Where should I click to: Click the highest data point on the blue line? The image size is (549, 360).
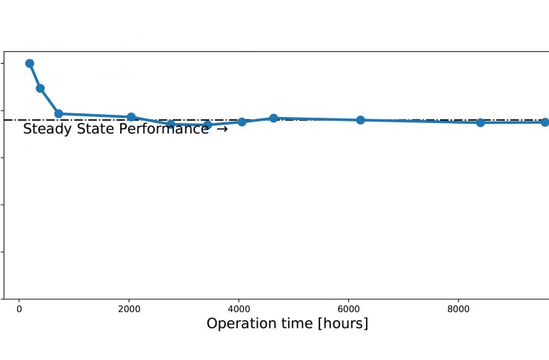(x=30, y=63)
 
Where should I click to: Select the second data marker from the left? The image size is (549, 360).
(x=40, y=88)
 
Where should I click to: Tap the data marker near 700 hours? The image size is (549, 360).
(x=59, y=114)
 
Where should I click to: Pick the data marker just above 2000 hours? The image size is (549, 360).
(x=131, y=117)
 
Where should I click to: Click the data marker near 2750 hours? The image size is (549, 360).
(x=170, y=124)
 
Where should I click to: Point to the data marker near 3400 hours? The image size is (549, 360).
(x=207, y=124)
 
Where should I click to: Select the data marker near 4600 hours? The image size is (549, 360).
(x=273, y=118)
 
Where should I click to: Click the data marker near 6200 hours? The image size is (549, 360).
(x=360, y=120)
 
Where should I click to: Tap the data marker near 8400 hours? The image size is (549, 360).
(x=480, y=122)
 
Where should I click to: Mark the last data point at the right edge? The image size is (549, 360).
(x=545, y=122)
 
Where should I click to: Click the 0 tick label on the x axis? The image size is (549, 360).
(x=19, y=309)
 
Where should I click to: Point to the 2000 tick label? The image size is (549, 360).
(x=129, y=309)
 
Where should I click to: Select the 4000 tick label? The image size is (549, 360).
(x=239, y=309)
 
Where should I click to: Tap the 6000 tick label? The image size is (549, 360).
(x=349, y=309)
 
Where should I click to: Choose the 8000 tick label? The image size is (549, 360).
(x=459, y=309)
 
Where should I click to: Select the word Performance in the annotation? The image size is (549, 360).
(x=164, y=130)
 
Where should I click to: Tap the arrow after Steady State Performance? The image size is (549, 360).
(x=222, y=130)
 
